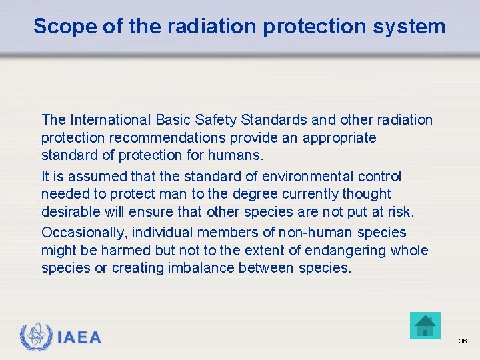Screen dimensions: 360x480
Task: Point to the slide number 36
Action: coord(463,341)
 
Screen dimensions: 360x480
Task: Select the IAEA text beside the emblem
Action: coord(79,337)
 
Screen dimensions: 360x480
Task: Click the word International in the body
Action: coord(111,120)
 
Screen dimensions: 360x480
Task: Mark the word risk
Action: coord(399,212)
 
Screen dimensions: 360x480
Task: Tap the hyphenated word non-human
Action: coord(315,233)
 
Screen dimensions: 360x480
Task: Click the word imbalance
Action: coord(193,268)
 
